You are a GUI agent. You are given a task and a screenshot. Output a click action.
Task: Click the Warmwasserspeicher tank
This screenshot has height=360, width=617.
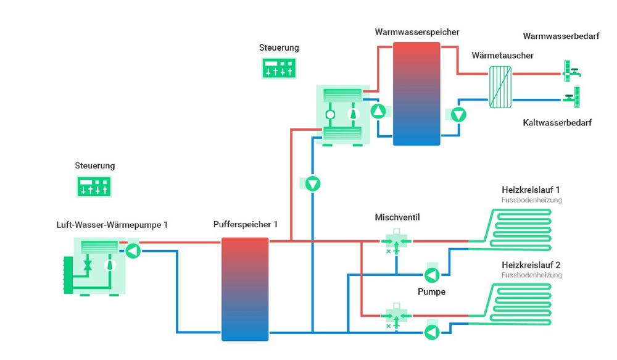pyautogui.click(x=416, y=94)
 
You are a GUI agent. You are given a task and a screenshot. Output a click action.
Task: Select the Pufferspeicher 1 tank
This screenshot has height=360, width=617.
pyautogui.click(x=245, y=289)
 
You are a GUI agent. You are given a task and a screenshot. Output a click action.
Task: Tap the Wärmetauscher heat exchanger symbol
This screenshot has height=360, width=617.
pyautogui.click(x=500, y=87)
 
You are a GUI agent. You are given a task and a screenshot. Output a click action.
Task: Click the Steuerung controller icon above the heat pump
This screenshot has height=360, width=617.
pyautogui.click(x=94, y=186)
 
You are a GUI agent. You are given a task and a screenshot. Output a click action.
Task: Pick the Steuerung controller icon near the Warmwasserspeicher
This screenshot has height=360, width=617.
pyautogui.click(x=279, y=68)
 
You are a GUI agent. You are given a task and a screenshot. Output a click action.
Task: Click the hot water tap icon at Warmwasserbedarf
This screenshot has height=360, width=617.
pyautogui.click(x=571, y=71)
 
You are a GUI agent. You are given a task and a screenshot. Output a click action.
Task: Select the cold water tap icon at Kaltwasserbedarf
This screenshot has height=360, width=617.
pyautogui.click(x=572, y=97)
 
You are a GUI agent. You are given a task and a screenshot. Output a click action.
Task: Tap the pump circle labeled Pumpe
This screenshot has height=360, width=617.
pyautogui.click(x=432, y=275)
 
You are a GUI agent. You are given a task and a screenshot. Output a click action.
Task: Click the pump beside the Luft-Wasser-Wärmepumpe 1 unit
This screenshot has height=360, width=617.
pyautogui.click(x=133, y=251)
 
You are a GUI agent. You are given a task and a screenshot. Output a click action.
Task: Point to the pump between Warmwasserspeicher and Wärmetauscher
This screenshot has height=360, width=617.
pyautogui.click(x=458, y=115)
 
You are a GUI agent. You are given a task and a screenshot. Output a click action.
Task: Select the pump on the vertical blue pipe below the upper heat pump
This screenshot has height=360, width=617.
pyautogui.click(x=313, y=184)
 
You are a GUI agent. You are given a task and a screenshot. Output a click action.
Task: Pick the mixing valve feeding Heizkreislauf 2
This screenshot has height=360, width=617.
pyautogui.click(x=396, y=316)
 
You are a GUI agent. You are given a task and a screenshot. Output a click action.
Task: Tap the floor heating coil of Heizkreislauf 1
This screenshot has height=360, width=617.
pyautogui.click(x=510, y=230)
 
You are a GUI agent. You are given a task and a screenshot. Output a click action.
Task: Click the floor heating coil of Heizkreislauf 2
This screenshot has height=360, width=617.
pyautogui.click(x=510, y=304)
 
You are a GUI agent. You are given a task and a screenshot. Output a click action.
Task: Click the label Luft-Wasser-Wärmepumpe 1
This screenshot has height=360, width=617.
pyautogui.click(x=112, y=225)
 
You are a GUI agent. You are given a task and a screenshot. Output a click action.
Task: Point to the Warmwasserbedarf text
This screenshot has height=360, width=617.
pyautogui.click(x=561, y=36)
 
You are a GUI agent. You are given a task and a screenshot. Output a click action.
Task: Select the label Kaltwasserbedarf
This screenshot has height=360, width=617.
pyautogui.click(x=557, y=122)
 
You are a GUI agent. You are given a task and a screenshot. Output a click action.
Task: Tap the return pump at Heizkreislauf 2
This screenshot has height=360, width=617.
pyautogui.click(x=432, y=332)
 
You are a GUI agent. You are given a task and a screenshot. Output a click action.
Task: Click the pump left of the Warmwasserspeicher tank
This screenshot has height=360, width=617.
pyautogui.click(x=378, y=111)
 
